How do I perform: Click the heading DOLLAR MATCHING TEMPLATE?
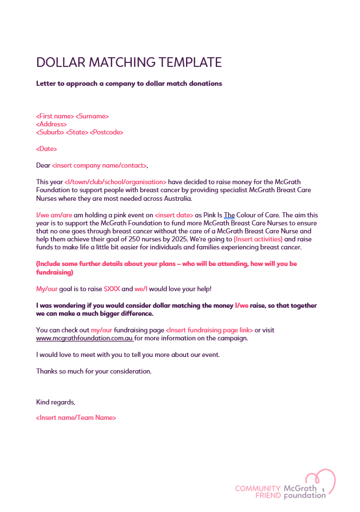click(x=129, y=62)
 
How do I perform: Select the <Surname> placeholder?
click(x=92, y=116)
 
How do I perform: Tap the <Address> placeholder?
click(x=51, y=124)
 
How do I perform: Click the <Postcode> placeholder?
click(x=106, y=132)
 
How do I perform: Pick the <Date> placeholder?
click(x=46, y=149)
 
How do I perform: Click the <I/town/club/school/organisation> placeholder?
click(x=115, y=182)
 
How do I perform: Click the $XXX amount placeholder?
click(x=112, y=289)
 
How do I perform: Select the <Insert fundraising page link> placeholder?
click(x=209, y=330)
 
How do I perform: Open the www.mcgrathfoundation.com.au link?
click(x=84, y=338)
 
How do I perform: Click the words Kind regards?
click(x=56, y=402)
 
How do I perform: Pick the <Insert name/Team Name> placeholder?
click(x=76, y=418)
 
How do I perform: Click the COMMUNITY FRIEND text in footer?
click(x=258, y=492)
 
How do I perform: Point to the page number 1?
click(x=323, y=490)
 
